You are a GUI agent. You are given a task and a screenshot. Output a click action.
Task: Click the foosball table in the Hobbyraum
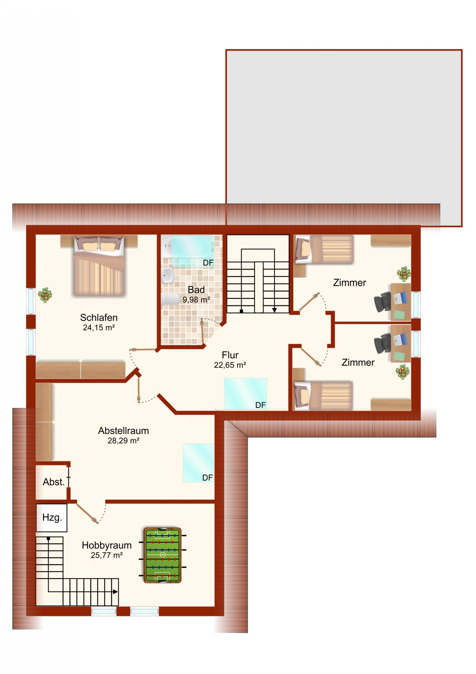click(162, 555)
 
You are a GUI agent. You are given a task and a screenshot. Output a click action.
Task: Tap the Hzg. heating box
click(52, 517)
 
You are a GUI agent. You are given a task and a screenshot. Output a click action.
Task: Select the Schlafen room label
click(99, 317)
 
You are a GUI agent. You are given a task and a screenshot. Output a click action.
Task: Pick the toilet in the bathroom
click(170, 299)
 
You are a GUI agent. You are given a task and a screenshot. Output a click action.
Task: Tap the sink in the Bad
click(168, 275)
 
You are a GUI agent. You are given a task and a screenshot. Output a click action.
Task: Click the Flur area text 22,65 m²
click(230, 365)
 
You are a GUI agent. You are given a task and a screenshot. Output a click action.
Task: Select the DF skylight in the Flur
click(245, 394)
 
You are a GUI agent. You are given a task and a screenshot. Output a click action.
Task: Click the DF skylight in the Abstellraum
click(198, 463)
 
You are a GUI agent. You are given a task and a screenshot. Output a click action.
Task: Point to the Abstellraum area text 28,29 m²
click(123, 441)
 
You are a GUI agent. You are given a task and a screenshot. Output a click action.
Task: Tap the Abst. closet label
click(54, 482)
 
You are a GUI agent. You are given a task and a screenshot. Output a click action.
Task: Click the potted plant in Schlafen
click(45, 295)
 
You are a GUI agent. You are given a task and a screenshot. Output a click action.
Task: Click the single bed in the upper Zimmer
click(324, 249)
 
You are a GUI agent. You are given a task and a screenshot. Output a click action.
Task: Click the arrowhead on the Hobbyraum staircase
click(115, 592)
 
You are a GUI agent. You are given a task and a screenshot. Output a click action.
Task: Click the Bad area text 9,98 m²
click(196, 300)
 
